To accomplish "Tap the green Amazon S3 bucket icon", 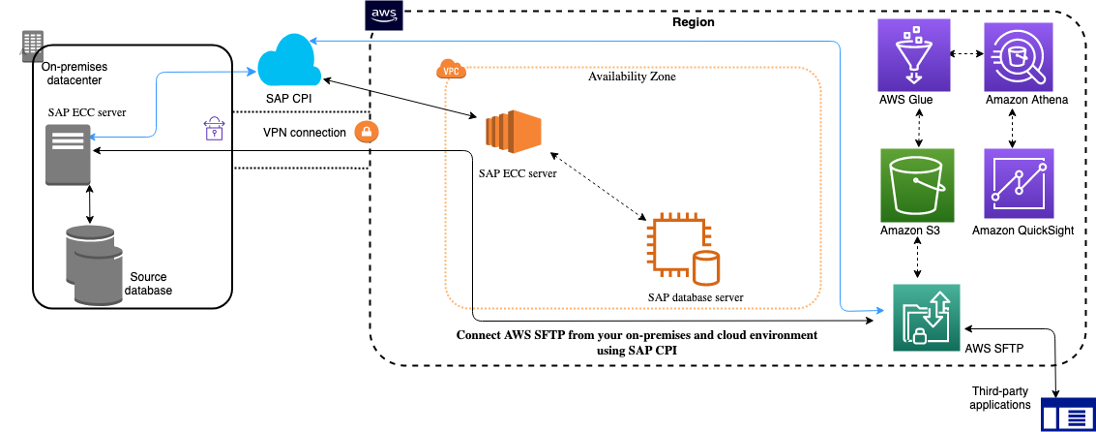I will (x=918, y=183).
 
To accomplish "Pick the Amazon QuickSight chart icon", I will (x=1017, y=183).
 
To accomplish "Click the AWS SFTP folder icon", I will (x=927, y=318).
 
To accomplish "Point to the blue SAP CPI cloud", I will (x=289, y=60).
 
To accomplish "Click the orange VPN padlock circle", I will (x=367, y=132).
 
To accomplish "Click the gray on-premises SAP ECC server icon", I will (x=70, y=155).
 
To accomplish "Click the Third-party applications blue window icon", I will (x=1067, y=416).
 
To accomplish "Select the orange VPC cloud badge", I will (x=450, y=71).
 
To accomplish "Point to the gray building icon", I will (x=32, y=44).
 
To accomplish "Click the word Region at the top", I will (x=693, y=21).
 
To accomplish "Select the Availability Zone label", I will (x=632, y=77).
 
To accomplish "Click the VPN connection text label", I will (x=304, y=132).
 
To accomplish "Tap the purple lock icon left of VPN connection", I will (x=213, y=131).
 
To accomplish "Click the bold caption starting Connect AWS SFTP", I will (x=637, y=342).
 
